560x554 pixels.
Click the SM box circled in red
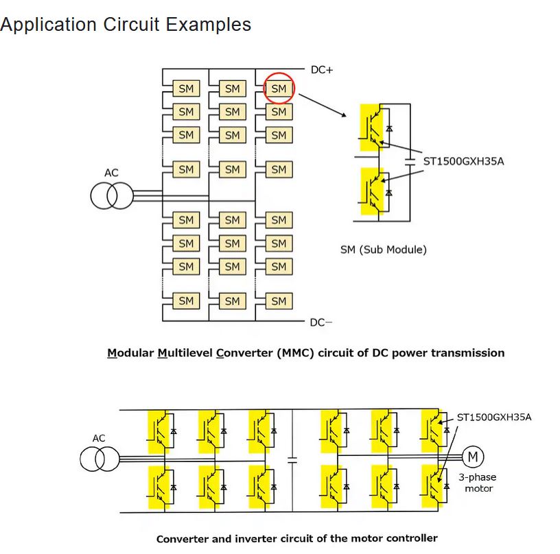point(279,88)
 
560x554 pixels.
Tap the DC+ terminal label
point(322,70)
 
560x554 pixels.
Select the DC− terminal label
point(320,322)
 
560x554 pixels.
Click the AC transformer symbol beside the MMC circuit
point(112,195)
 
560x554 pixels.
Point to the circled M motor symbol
point(473,457)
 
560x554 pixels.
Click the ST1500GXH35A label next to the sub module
point(463,161)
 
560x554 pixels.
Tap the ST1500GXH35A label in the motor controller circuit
point(494,417)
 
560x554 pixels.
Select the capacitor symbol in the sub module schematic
point(410,162)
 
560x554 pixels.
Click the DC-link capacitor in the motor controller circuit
point(292,460)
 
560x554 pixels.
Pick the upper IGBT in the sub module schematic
point(371,128)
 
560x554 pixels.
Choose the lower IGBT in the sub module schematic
point(372,191)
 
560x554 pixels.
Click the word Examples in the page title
point(209,25)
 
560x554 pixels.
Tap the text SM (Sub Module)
point(384,250)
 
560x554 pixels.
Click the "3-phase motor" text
point(478,483)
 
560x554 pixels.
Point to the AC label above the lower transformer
point(99,438)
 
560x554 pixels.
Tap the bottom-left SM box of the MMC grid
point(186,301)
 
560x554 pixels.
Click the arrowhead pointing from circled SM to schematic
point(344,115)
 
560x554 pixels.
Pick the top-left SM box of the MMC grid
point(186,88)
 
